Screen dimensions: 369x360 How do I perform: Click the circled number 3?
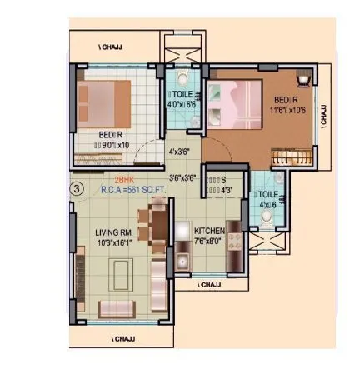point(77,189)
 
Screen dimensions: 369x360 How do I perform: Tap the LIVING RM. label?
point(113,234)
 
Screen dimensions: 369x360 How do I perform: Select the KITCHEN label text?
point(209,230)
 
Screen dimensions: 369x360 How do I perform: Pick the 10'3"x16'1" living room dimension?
point(113,244)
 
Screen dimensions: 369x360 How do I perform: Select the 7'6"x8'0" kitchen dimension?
point(209,241)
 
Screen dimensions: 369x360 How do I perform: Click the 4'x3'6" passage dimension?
point(180,152)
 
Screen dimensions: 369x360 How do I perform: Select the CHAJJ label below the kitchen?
point(209,285)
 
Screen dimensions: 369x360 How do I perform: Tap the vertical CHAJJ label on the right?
point(324,112)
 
